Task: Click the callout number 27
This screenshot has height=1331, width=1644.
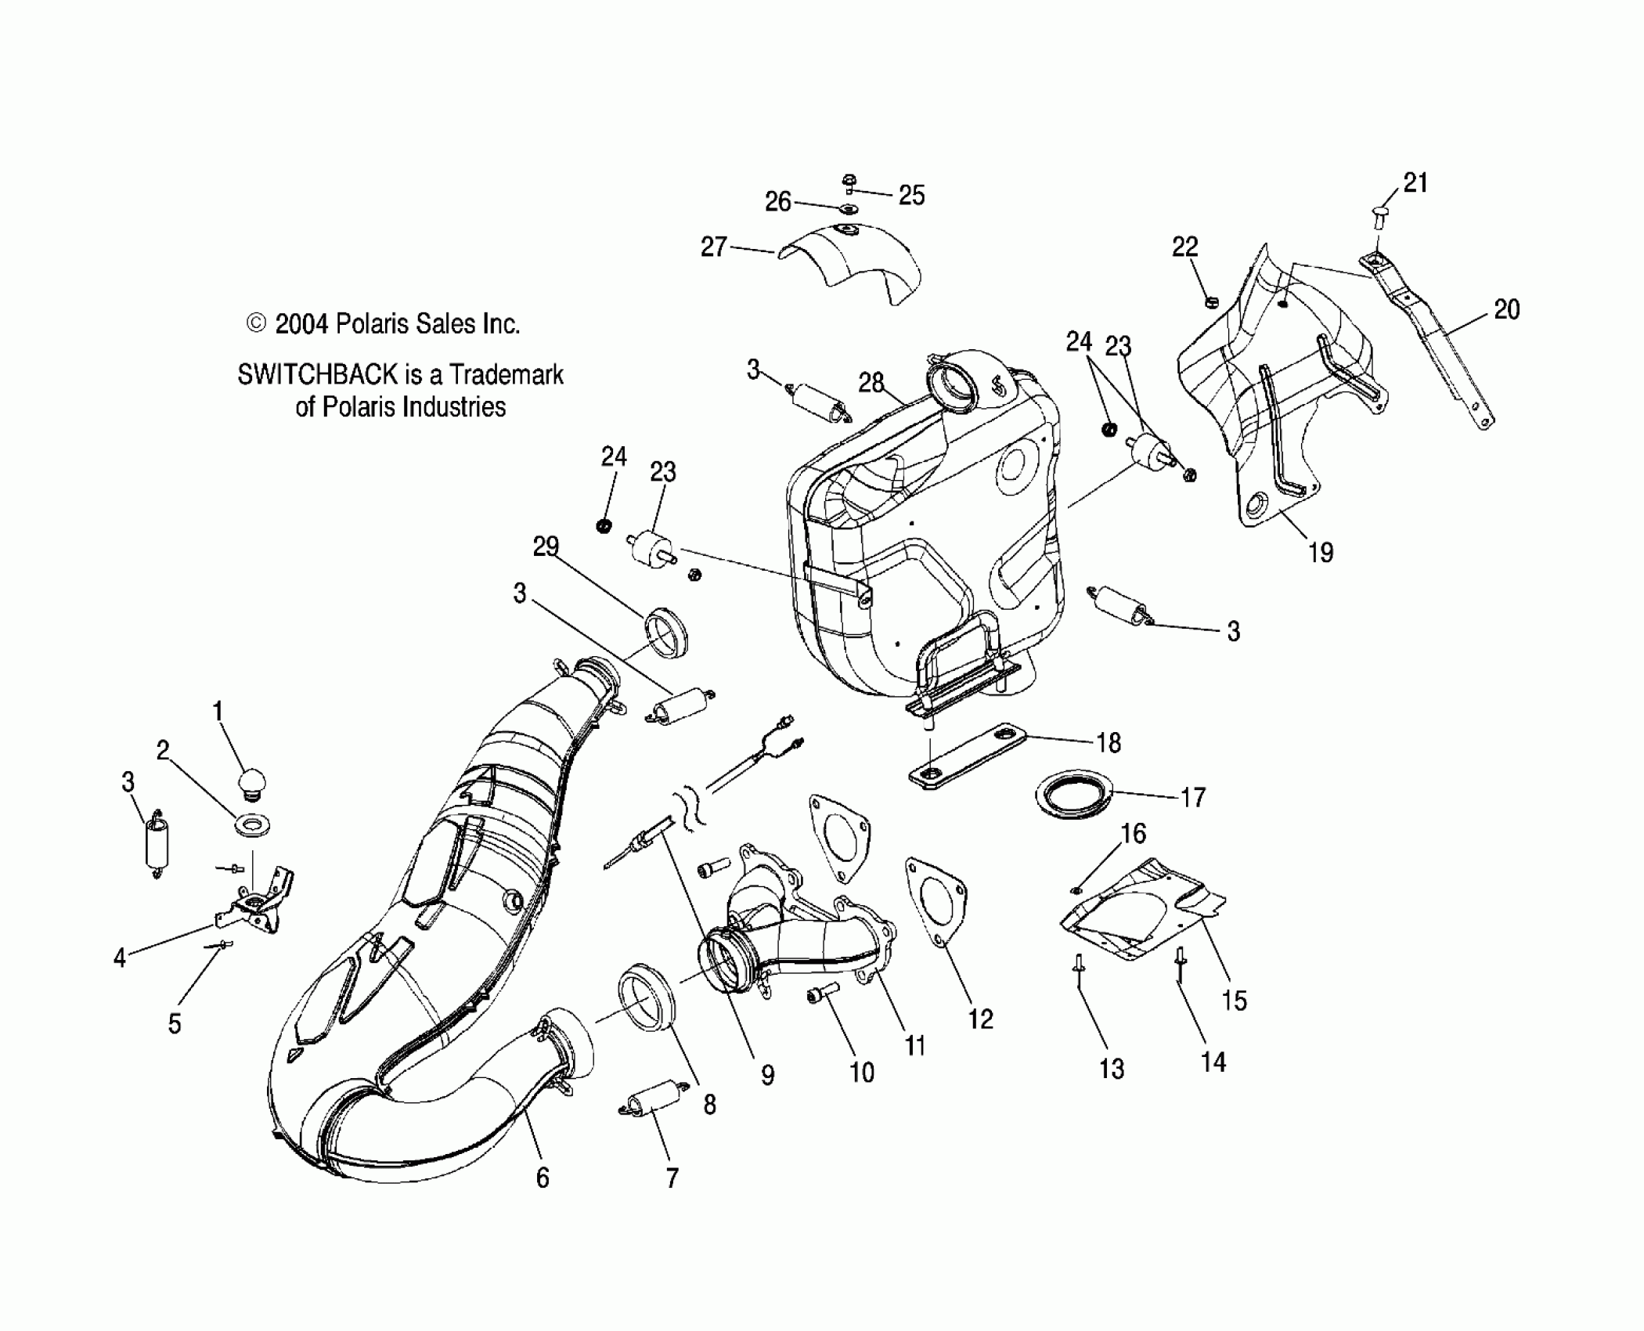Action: (713, 248)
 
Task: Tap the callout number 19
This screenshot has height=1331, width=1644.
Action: (1321, 553)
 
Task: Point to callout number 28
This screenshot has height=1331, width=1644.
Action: (871, 383)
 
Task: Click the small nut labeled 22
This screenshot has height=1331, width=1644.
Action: (1211, 301)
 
